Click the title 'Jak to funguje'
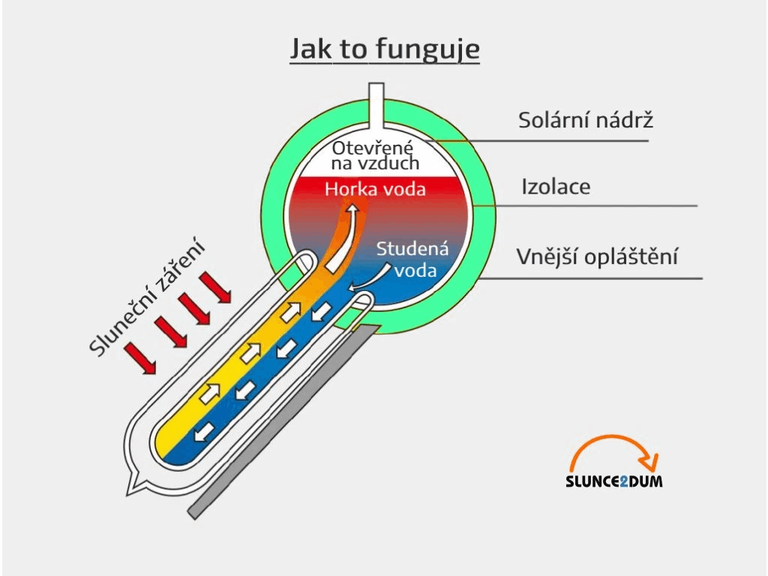point(385,50)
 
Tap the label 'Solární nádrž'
point(586,120)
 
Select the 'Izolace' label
point(556,186)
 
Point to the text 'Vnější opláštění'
point(598,256)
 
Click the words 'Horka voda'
point(375,189)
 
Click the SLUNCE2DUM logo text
point(613,481)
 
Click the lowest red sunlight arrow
point(140,358)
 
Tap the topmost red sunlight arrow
point(215,287)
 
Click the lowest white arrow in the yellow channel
point(211,390)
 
